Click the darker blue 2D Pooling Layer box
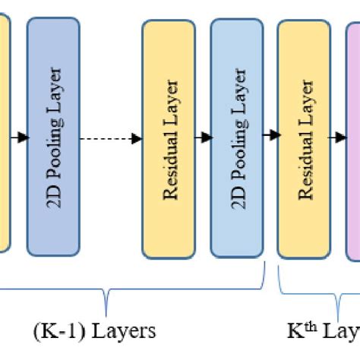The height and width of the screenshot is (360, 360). [53, 137]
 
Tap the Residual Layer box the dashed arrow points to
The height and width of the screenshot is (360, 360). [169, 138]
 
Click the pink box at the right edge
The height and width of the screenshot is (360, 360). [353, 138]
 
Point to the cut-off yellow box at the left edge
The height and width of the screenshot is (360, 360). [5, 137]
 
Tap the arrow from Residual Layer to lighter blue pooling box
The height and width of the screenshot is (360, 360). [203, 138]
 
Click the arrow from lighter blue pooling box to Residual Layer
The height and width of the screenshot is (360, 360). [270, 136]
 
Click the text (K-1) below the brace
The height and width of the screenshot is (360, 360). [55, 331]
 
